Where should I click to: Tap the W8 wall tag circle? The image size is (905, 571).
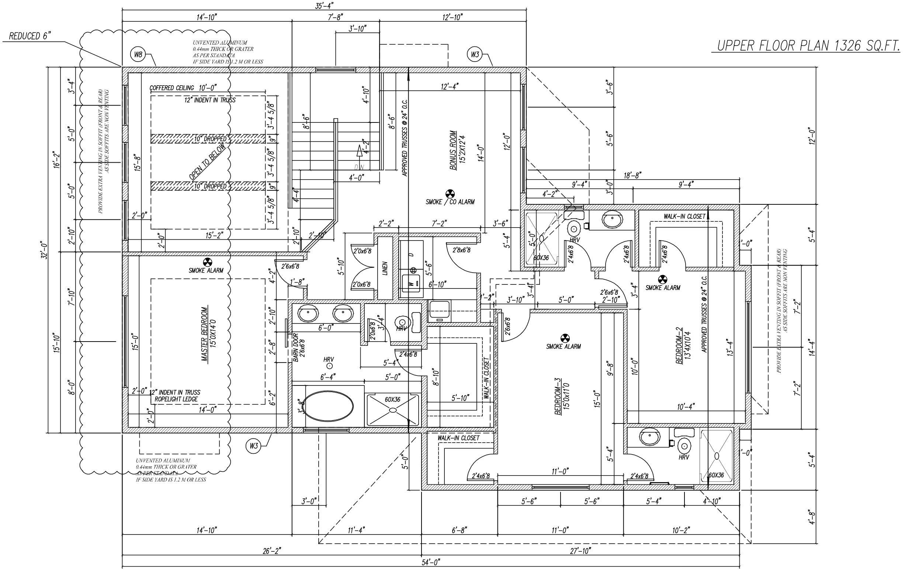coord(138,55)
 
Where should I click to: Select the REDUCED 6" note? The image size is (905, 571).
coord(29,36)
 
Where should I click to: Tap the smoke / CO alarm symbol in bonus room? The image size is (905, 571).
coord(450,194)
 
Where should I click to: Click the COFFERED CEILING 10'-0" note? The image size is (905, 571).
coord(183,88)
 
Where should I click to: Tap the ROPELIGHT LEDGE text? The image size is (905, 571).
coord(174,399)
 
